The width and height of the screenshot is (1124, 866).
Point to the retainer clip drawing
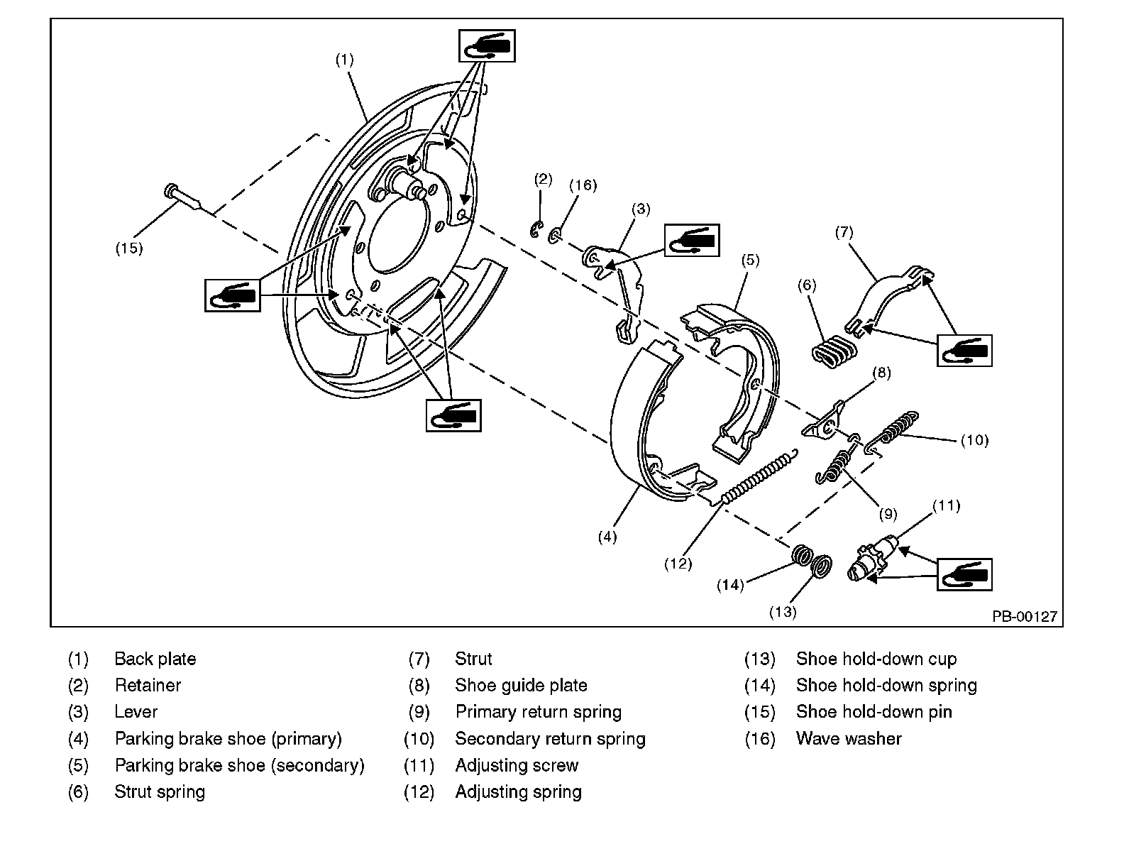tap(536, 229)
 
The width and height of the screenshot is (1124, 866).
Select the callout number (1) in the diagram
tap(344, 60)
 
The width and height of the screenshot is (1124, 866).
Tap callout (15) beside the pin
tap(129, 248)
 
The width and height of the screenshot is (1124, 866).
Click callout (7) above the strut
tap(843, 232)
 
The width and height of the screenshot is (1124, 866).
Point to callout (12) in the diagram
tap(678, 564)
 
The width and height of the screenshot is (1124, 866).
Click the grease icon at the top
tap(487, 46)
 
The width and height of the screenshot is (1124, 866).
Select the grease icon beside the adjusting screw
tap(964, 574)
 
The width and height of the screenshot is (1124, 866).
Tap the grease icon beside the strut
tap(964, 350)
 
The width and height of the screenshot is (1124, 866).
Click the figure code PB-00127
tap(1024, 617)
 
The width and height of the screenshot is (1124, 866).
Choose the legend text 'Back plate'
tap(155, 659)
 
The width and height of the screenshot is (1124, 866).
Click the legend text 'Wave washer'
tap(848, 738)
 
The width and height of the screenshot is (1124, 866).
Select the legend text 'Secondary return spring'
tap(550, 738)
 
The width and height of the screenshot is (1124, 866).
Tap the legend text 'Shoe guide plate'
tap(521, 685)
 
